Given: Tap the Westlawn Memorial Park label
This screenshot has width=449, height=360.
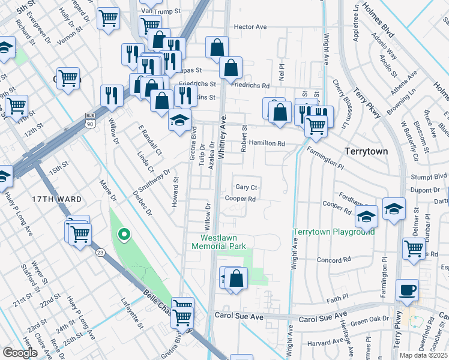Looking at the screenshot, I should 219,242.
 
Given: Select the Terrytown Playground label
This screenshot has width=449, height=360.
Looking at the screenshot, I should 333,232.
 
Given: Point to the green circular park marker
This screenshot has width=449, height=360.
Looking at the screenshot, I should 124,235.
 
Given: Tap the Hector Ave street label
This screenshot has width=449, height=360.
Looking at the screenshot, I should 250,27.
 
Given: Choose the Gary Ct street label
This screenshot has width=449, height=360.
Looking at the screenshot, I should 246,187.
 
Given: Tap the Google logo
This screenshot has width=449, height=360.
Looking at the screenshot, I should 20,352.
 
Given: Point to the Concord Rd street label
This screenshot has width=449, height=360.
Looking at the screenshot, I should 333,260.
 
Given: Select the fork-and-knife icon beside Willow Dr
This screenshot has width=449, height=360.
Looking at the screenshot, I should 112,95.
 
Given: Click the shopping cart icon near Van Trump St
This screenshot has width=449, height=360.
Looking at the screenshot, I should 109,19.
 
